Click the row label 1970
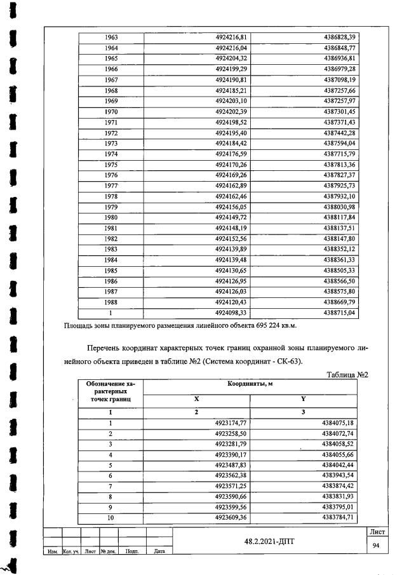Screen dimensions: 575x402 point(111,112)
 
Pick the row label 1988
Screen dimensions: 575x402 point(111,302)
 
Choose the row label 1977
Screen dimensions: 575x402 point(111,186)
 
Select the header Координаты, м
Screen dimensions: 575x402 point(250,386)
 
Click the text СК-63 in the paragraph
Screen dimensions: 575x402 point(288,362)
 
